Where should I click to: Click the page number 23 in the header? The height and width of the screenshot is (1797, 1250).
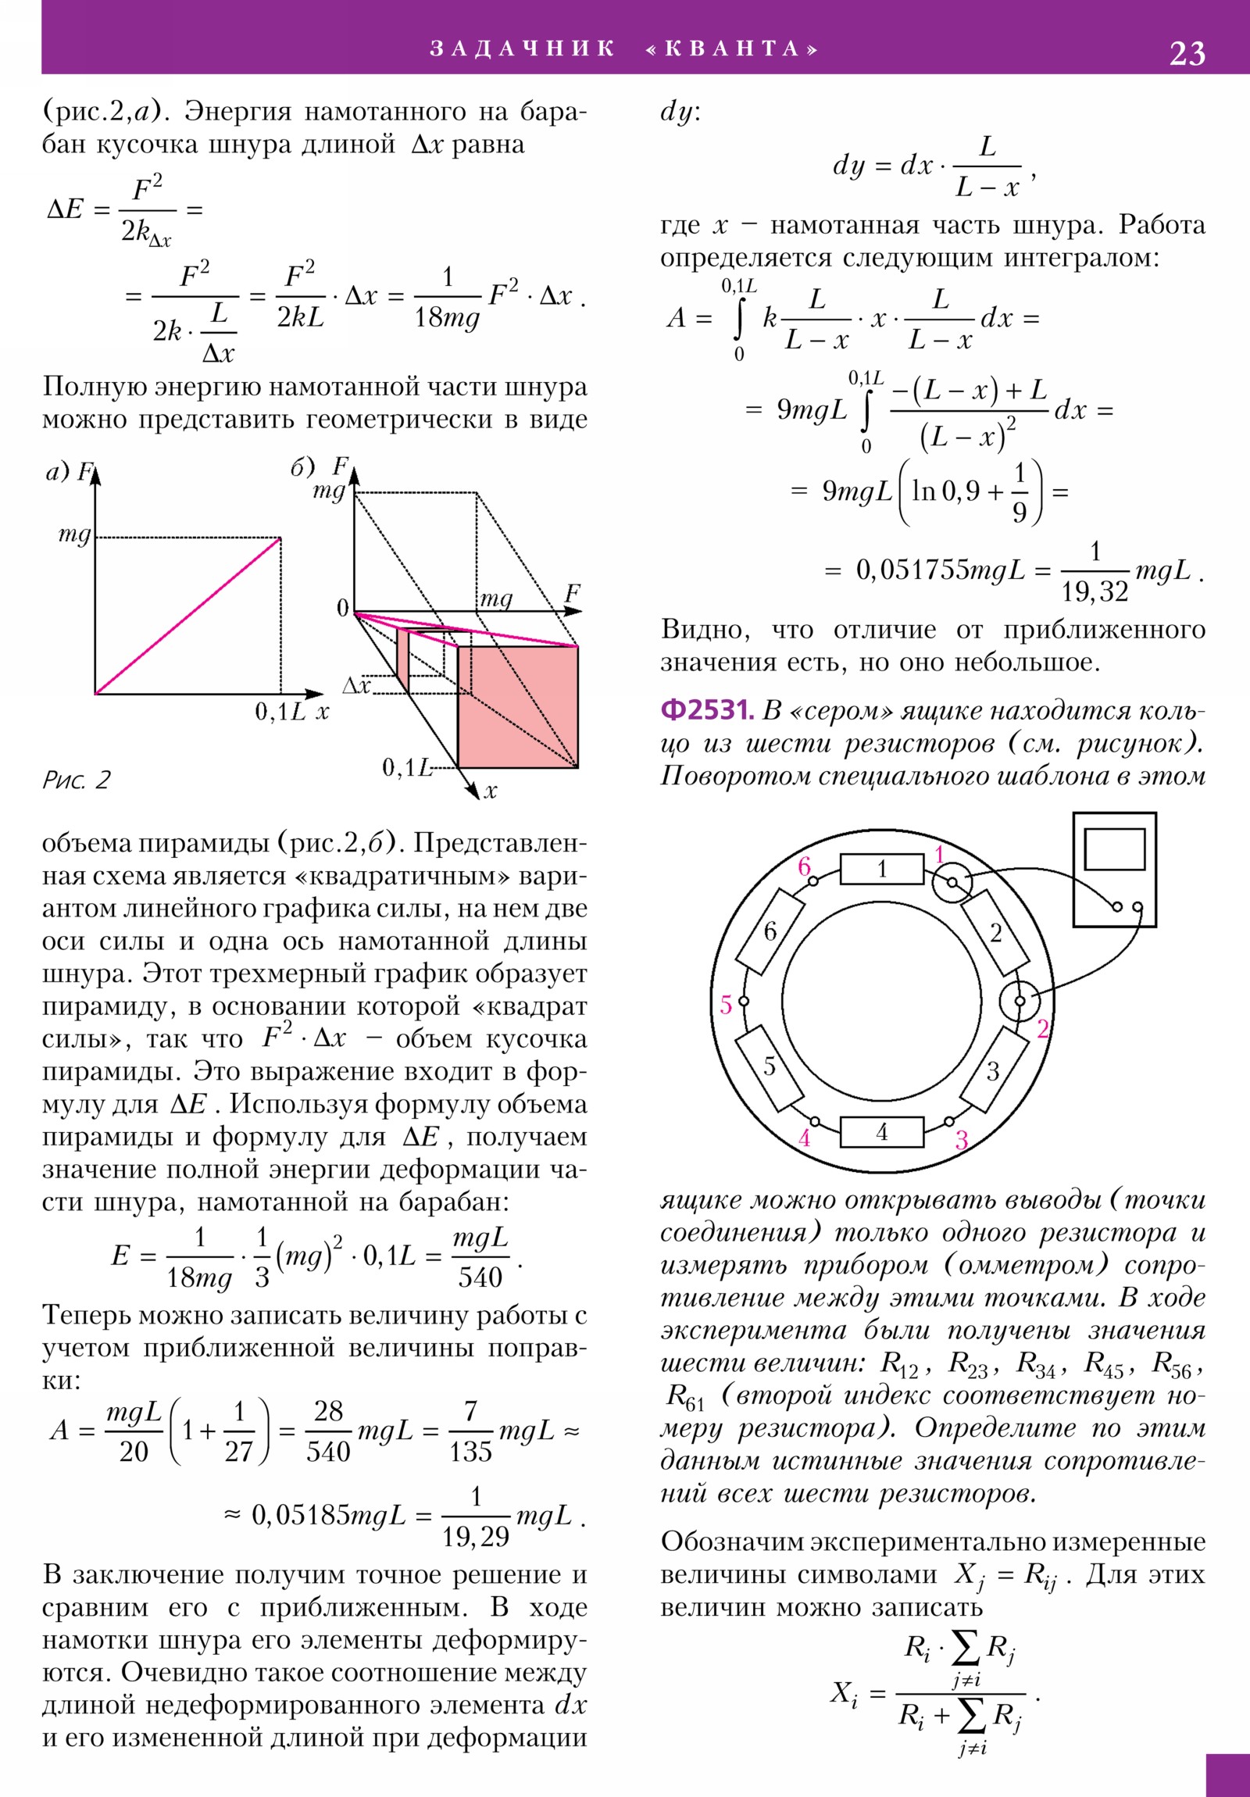tap(1187, 53)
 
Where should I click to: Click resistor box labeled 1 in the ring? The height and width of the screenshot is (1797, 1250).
tap(881, 869)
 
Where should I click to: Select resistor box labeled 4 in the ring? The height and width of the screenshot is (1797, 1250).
tap(881, 1132)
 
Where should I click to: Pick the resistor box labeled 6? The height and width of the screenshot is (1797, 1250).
tap(772, 931)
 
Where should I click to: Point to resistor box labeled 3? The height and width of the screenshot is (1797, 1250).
tap(993, 1070)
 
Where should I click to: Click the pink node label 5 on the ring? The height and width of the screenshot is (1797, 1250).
tap(726, 1004)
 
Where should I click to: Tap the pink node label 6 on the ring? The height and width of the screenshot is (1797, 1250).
tap(804, 866)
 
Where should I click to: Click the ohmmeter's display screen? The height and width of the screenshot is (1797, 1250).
tap(1114, 848)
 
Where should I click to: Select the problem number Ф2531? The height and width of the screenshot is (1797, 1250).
tap(707, 710)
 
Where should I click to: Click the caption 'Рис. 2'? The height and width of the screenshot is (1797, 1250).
tap(76, 780)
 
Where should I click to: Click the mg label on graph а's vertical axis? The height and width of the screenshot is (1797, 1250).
tap(74, 536)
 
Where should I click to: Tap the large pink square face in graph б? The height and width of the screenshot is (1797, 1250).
tap(517, 707)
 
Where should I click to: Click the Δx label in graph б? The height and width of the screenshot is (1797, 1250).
tap(356, 686)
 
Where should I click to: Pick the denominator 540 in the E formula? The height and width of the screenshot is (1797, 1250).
tap(480, 1277)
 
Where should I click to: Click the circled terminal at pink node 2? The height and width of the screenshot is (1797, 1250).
tap(1020, 1001)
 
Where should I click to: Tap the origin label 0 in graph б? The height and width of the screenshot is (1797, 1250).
tap(342, 607)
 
